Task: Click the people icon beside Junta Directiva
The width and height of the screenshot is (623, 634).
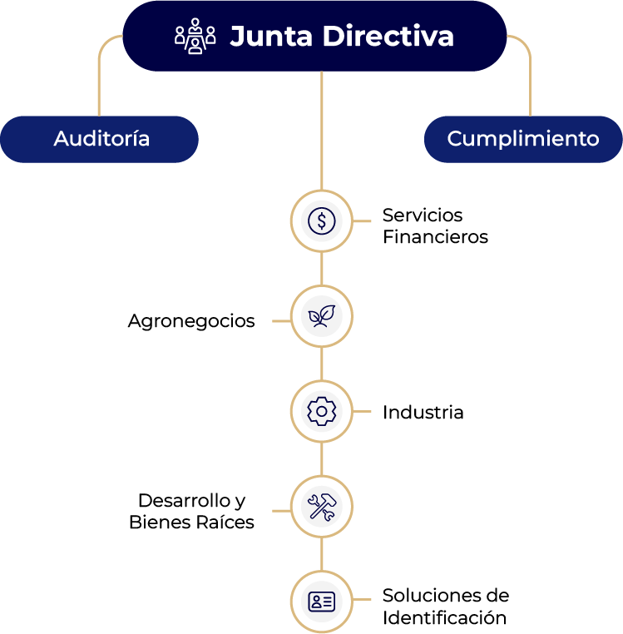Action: coord(195,36)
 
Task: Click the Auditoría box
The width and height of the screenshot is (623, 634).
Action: coord(101,139)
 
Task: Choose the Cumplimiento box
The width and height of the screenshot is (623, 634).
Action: coord(522,139)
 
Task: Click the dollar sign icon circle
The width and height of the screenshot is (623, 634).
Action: coord(321,221)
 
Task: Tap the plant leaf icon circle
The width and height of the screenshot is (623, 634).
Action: coord(321,316)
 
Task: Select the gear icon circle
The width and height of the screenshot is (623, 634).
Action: coord(321,412)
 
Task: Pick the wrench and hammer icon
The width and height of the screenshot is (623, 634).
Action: coord(321,507)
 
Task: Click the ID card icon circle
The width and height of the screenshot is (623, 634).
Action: coord(321,602)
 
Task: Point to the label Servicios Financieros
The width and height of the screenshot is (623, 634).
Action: coord(434,226)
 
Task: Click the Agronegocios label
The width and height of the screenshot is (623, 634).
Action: coord(191,321)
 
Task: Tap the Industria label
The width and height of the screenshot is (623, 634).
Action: coord(423,413)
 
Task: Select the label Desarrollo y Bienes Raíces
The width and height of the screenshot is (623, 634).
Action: coord(191,512)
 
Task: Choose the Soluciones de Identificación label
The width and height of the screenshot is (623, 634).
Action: coord(445,607)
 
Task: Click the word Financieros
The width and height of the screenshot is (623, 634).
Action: coord(435,237)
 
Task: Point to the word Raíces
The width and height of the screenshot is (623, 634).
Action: coord(225,523)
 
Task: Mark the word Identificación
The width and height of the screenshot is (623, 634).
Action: coord(444,617)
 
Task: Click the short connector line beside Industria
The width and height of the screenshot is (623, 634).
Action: coord(363,412)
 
